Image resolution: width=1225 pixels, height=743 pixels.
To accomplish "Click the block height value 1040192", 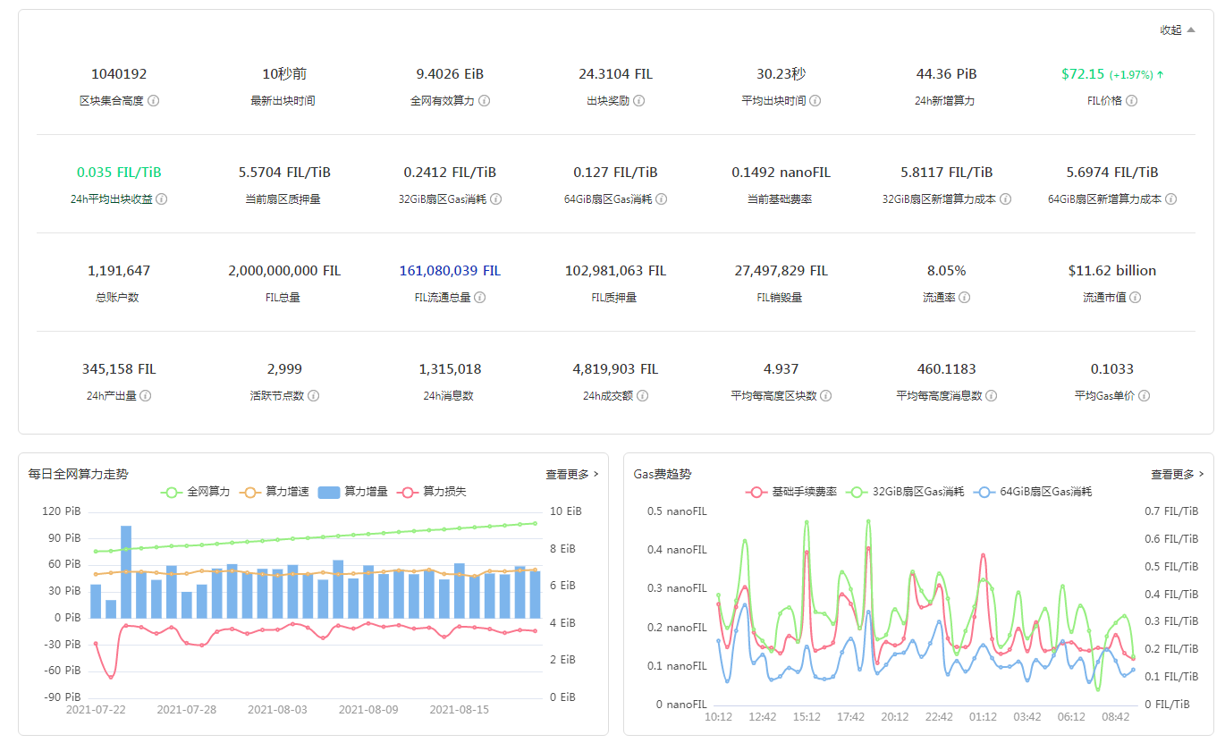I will pyautogui.click(x=119, y=74).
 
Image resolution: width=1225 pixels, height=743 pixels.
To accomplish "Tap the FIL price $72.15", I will pyautogui.click(x=1083, y=74).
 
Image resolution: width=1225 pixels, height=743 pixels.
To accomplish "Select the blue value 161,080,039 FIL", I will pyautogui.click(x=450, y=271).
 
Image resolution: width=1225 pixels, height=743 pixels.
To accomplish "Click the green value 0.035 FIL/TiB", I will pyautogui.click(x=119, y=173).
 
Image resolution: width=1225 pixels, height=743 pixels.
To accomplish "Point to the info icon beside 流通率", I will pyautogui.click(x=964, y=298).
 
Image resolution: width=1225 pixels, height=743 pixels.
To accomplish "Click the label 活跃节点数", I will pyautogui.click(x=277, y=396).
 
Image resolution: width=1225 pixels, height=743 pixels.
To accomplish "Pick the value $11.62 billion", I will pyautogui.click(x=1111, y=271).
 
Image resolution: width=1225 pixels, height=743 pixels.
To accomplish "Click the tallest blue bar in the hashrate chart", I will pyautogui.click(x=126, y=572).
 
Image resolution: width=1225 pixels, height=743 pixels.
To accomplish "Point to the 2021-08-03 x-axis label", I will pyautogui.click(x=277, y=710).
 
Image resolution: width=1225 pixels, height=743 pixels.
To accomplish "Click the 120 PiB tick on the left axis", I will pyautogui.click(x=62, y=511).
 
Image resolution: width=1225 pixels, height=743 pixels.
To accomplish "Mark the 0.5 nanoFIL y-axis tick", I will pyautogui.click(x=677, y=511).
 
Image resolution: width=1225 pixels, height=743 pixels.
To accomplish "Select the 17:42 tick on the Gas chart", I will pyautogui.click(x=850, y=717).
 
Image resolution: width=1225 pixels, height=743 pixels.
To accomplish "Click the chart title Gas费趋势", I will pyautogui.click(x=662, y=474).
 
